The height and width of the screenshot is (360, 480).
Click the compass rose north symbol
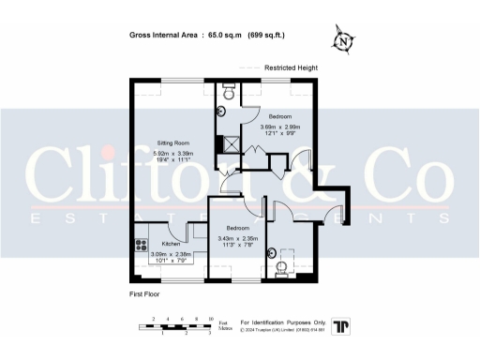pyautogui.click(x=345, y=41)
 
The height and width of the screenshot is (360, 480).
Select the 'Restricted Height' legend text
pyautogui.click(x=291, y=68)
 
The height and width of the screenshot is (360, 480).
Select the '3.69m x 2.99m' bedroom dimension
pyautogui.click(x=279, y=127)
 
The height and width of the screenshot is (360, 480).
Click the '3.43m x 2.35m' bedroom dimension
pyautogui.click(x=237, y=238)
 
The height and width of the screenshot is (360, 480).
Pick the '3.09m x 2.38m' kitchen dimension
pyautogui.click(x=171, y=253)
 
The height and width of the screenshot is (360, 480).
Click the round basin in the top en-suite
pyautogui.click(x=220, y=111)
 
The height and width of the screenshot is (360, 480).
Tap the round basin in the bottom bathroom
pyautogui.click(x=271, y=250)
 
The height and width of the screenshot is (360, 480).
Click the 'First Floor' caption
pyautogui.click(x=147, y=294)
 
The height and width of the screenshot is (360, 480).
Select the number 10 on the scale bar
pyautogui.click(x=211, y=319)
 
